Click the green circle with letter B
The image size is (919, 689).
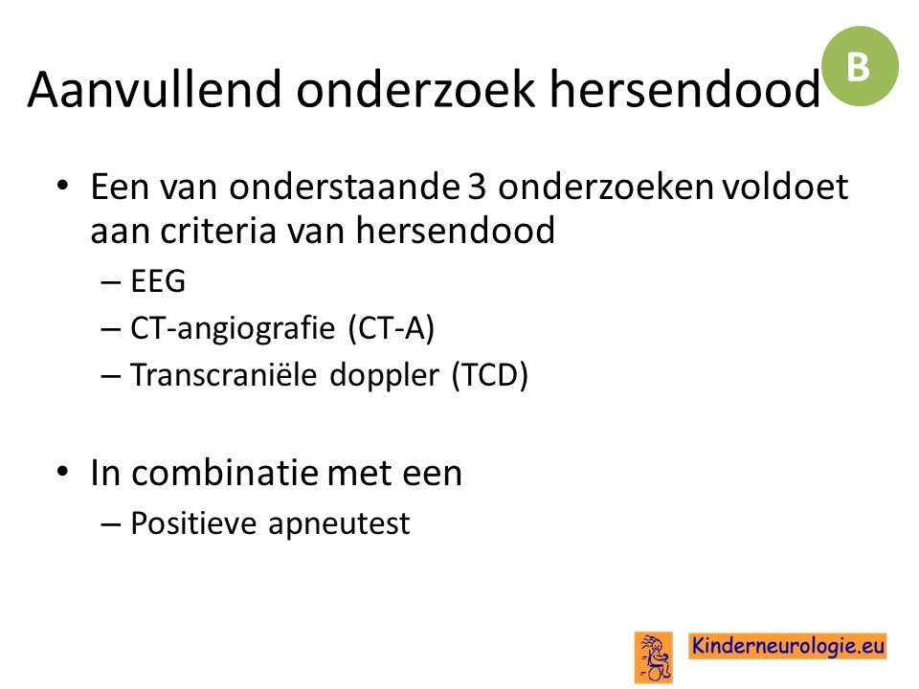pyautogui.click(x=860, y=66)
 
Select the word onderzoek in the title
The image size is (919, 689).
pyautogui.click(x=415, y=89)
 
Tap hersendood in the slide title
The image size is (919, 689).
pyautogui.click(x=684, y=89)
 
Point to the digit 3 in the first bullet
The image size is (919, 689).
pyautogui.click(x=477, y=188)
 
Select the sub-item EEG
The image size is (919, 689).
pyautogui.click(x=158, y=280)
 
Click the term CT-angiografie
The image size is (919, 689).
pyautogui.click(x=233, y=328)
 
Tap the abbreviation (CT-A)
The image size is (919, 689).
pyautogui.click(x=392, y=328)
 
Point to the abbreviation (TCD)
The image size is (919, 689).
pyautogui.click(x=490, y=375)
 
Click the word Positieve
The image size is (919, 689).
pyautogui.click(x=192, y=522)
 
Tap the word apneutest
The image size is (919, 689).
pyautogui.click(x=339, y=524)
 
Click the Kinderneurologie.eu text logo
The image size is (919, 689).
pyautogui.click(x=788, y=646)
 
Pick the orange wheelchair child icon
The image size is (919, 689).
pyautogui.click(x=654, y=657)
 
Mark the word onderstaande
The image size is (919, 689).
pyautogui.click(x=345, y=187)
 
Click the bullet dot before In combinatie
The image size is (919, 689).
pyautogui.click(x=63, y=471)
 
